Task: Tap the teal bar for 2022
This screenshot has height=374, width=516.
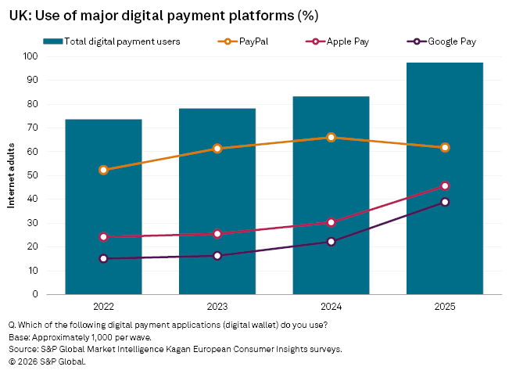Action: pos(103,207)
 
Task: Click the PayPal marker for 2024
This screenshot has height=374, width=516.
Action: pos(331,137)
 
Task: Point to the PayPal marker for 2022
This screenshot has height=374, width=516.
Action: pos(103,170)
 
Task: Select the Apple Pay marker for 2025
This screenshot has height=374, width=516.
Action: pos(445,185)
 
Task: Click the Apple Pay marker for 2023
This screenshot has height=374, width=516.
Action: pos(217,234)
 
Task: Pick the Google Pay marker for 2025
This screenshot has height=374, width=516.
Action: pos(445,202)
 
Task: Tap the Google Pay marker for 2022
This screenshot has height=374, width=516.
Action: pos(103,258)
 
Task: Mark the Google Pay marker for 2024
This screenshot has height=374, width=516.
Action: pos(331,242)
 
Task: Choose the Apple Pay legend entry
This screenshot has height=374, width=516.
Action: pos(347,41)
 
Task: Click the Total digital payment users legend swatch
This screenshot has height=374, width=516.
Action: pos(53,41)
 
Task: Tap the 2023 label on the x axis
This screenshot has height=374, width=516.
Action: pos(217,307)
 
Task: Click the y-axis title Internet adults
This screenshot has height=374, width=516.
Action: pos(12,175)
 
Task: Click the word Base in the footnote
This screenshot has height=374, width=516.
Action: pos(19,336)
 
